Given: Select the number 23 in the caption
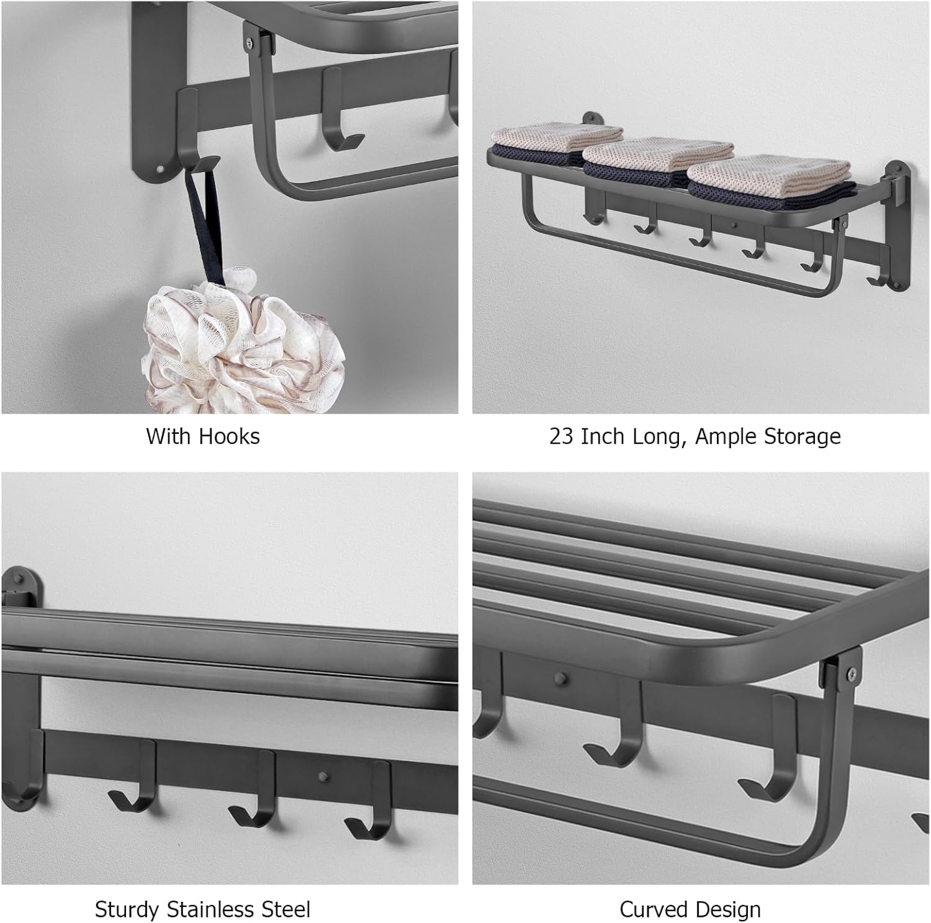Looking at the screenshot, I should (562, 436).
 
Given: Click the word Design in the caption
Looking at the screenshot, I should (727, 909).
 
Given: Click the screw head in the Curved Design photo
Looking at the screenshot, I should (851, 670).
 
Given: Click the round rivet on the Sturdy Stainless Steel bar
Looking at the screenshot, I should (323, 776).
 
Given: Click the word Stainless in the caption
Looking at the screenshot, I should (209, 909).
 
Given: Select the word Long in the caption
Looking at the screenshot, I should (660, 438).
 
